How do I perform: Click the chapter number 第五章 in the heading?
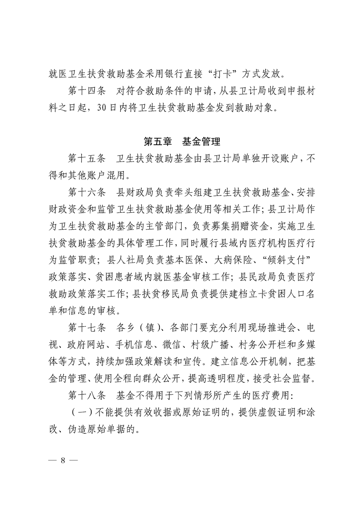(158, 142)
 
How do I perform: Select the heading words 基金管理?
(201, 142)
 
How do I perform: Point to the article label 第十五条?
(86, 159)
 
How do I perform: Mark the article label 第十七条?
(86, 328)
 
